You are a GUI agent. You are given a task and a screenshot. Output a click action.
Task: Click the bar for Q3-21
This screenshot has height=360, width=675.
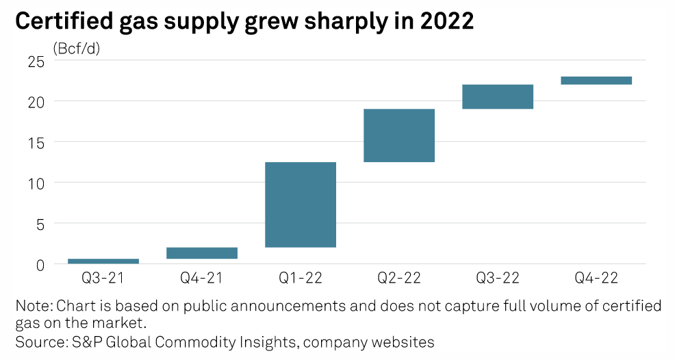[x=103, y=261]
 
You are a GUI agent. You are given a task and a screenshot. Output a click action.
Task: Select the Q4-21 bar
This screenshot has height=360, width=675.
[x=202, y=253]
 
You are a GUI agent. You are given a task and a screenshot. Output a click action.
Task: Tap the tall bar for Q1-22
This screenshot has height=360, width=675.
[x=301, y=205]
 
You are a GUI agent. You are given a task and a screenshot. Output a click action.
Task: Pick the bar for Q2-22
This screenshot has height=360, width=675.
[x=399, y=136]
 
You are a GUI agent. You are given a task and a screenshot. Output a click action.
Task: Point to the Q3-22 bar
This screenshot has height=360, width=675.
[x=498, y=97]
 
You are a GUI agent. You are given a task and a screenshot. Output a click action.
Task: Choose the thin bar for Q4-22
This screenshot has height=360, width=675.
[x=596, y=81]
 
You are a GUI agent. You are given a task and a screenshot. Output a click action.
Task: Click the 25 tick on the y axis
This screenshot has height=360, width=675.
[x=36, y=61]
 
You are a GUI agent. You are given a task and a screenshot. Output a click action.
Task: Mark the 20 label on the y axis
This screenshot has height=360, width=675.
[x=36, y=101]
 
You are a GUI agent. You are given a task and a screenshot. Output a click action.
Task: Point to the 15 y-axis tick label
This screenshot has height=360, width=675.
[x=36, y=142]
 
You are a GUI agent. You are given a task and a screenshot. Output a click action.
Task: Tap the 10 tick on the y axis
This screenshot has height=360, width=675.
[x=36, y=183]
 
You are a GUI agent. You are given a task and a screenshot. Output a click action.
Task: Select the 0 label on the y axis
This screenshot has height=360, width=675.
[x=40, y=264]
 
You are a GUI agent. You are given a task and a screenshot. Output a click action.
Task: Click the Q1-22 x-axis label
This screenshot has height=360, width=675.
[x=301, y=279]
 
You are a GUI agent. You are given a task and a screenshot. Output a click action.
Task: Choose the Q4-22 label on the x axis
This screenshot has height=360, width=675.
[x=596, y=279]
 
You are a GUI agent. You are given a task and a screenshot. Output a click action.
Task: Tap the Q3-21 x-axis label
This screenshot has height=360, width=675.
[x=103, y=279]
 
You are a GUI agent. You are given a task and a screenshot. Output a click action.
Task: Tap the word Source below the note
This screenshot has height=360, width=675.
[x=36, y=341]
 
